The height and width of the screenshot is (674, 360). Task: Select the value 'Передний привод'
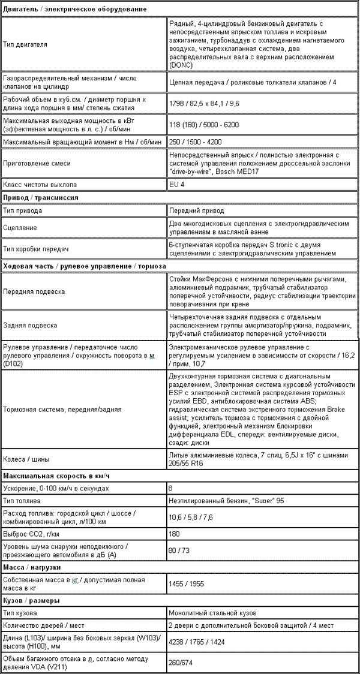[197, 211]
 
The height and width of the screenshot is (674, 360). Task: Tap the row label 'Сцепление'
[20, 228]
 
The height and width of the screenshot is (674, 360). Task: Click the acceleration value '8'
[172, 489]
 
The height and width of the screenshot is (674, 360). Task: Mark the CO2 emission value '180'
[175, 534]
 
